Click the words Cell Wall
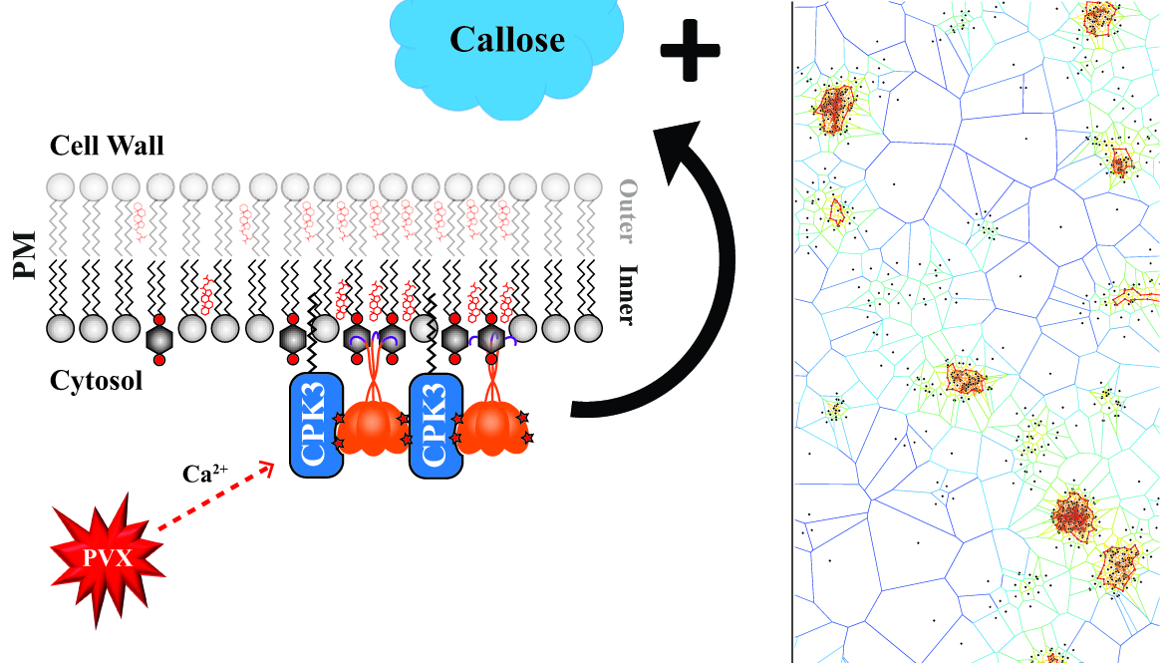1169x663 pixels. coord(108,148)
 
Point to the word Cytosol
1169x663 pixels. coord(98,380)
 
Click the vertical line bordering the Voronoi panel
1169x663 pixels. coord(793,331)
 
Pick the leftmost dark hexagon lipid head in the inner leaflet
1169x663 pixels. coord(157,338)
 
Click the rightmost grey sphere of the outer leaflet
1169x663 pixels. coord(589,186)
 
